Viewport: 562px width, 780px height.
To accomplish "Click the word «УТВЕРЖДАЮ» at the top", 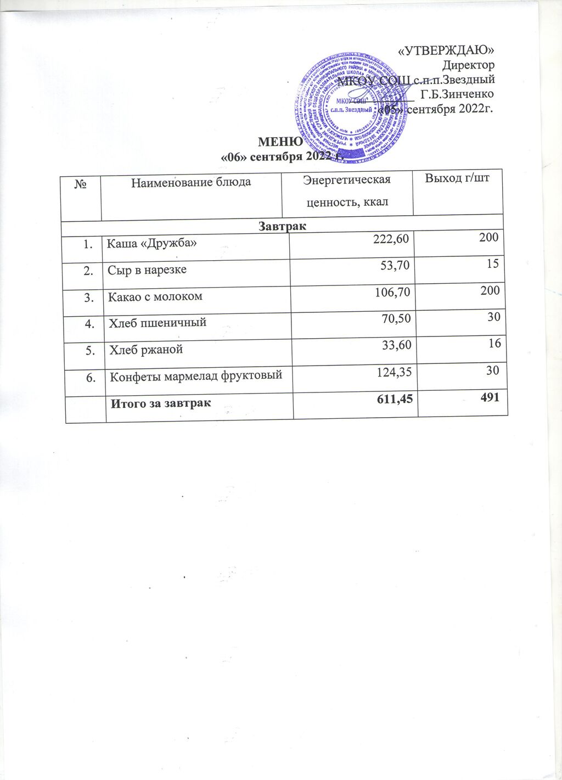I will click(x=445, y=50).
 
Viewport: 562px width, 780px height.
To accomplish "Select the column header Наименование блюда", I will click(x=191, y=182).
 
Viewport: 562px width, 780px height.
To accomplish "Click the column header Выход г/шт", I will click(x=457, y=178).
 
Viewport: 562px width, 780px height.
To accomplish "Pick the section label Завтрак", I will click(x=283, y=226).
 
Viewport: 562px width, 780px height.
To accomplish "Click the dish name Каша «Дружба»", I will click(x=151, y=242).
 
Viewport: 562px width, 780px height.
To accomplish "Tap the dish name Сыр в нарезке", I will click(x=147, y=270).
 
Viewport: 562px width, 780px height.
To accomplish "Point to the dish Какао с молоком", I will click(x=155, y=296).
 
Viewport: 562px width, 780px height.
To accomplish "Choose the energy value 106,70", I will click(x=392, y=291).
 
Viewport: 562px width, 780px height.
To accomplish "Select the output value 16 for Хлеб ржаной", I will click(x=494, y=344).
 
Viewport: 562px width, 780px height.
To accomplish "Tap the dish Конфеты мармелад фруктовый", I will click(x=196, y=377).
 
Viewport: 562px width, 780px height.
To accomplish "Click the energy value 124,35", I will click(x=394, y=372).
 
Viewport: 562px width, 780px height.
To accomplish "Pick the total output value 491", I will click(x=490, y=396).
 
